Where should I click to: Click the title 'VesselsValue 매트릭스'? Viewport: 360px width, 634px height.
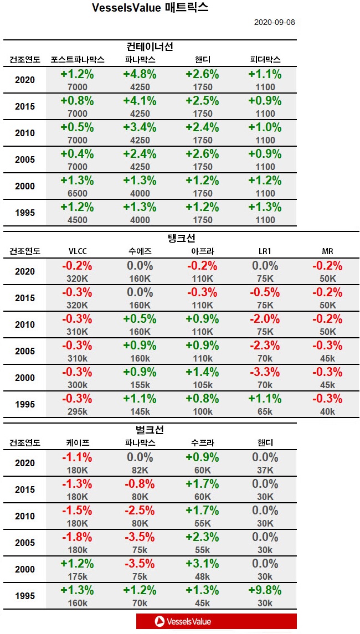click(150, 8)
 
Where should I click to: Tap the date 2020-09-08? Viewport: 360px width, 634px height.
click(274, 22)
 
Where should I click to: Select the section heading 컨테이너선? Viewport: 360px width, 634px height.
click(150, 47)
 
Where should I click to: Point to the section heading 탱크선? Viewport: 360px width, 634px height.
click(182, 238)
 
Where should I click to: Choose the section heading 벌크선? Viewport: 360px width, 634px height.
click(150, 430)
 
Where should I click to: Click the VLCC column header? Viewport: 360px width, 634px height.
click(77, 251)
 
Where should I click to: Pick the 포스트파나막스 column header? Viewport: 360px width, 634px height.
click(77, 60)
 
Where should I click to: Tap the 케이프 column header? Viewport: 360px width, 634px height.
click(77, 443)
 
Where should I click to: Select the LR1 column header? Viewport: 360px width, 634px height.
click(265, 251)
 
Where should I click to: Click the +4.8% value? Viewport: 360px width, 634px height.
click(140, 74)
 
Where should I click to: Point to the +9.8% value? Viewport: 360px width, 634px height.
click(265, 590)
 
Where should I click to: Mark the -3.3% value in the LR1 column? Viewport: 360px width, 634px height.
click(265, 372)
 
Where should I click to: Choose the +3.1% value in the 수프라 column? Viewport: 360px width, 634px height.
click(202, 564)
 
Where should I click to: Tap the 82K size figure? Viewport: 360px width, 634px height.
click(140, 470)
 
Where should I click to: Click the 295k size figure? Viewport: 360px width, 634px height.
click(77, 411)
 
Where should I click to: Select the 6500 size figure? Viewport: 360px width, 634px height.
click(77, 193)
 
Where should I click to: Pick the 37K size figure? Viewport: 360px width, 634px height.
click(265, 470)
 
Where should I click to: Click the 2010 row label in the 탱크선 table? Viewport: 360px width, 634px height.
click(24, 324)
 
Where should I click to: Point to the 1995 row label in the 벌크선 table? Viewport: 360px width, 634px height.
click(24, 596)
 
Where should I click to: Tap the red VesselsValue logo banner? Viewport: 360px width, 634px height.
click(216, 621)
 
